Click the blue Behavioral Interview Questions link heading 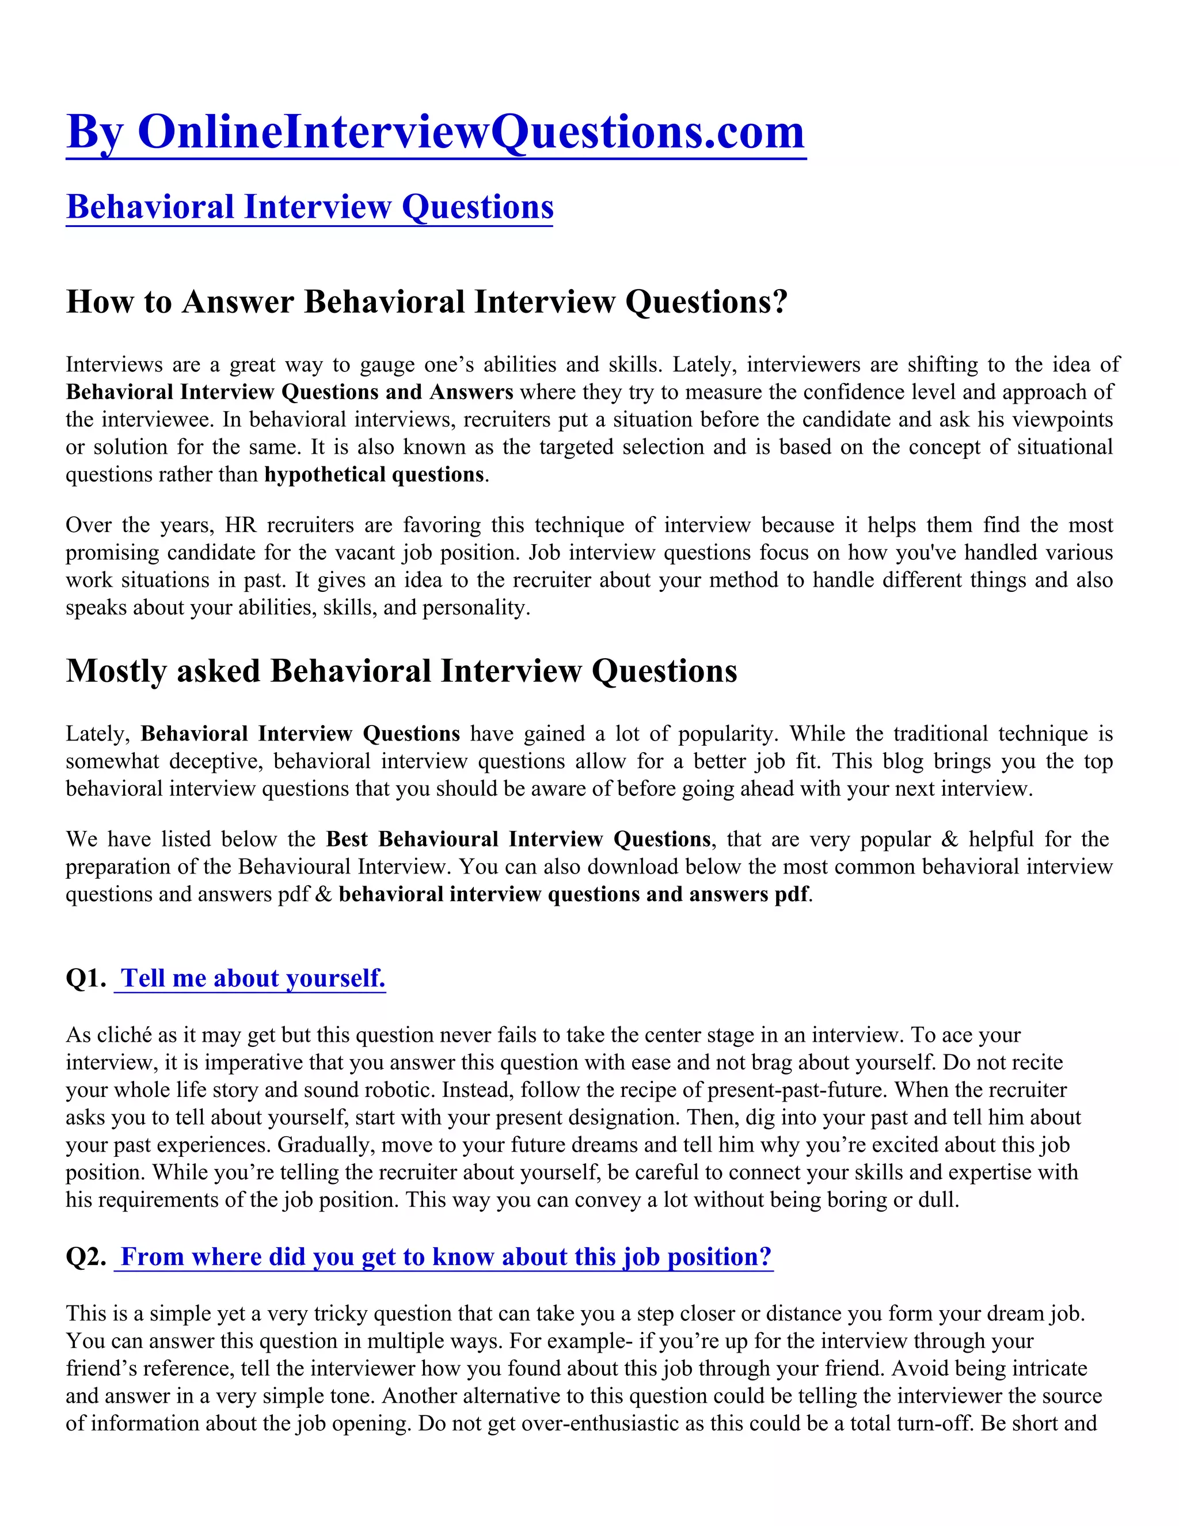point(309,207)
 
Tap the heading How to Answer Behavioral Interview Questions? point(427,302)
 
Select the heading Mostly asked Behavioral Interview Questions point(402,671)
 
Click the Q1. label point(86,978)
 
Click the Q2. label point(86,1257)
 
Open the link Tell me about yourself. point(252,978)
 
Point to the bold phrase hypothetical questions point(374,475)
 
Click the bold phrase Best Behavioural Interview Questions point(518,839)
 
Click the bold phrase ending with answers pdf point(573,894)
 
